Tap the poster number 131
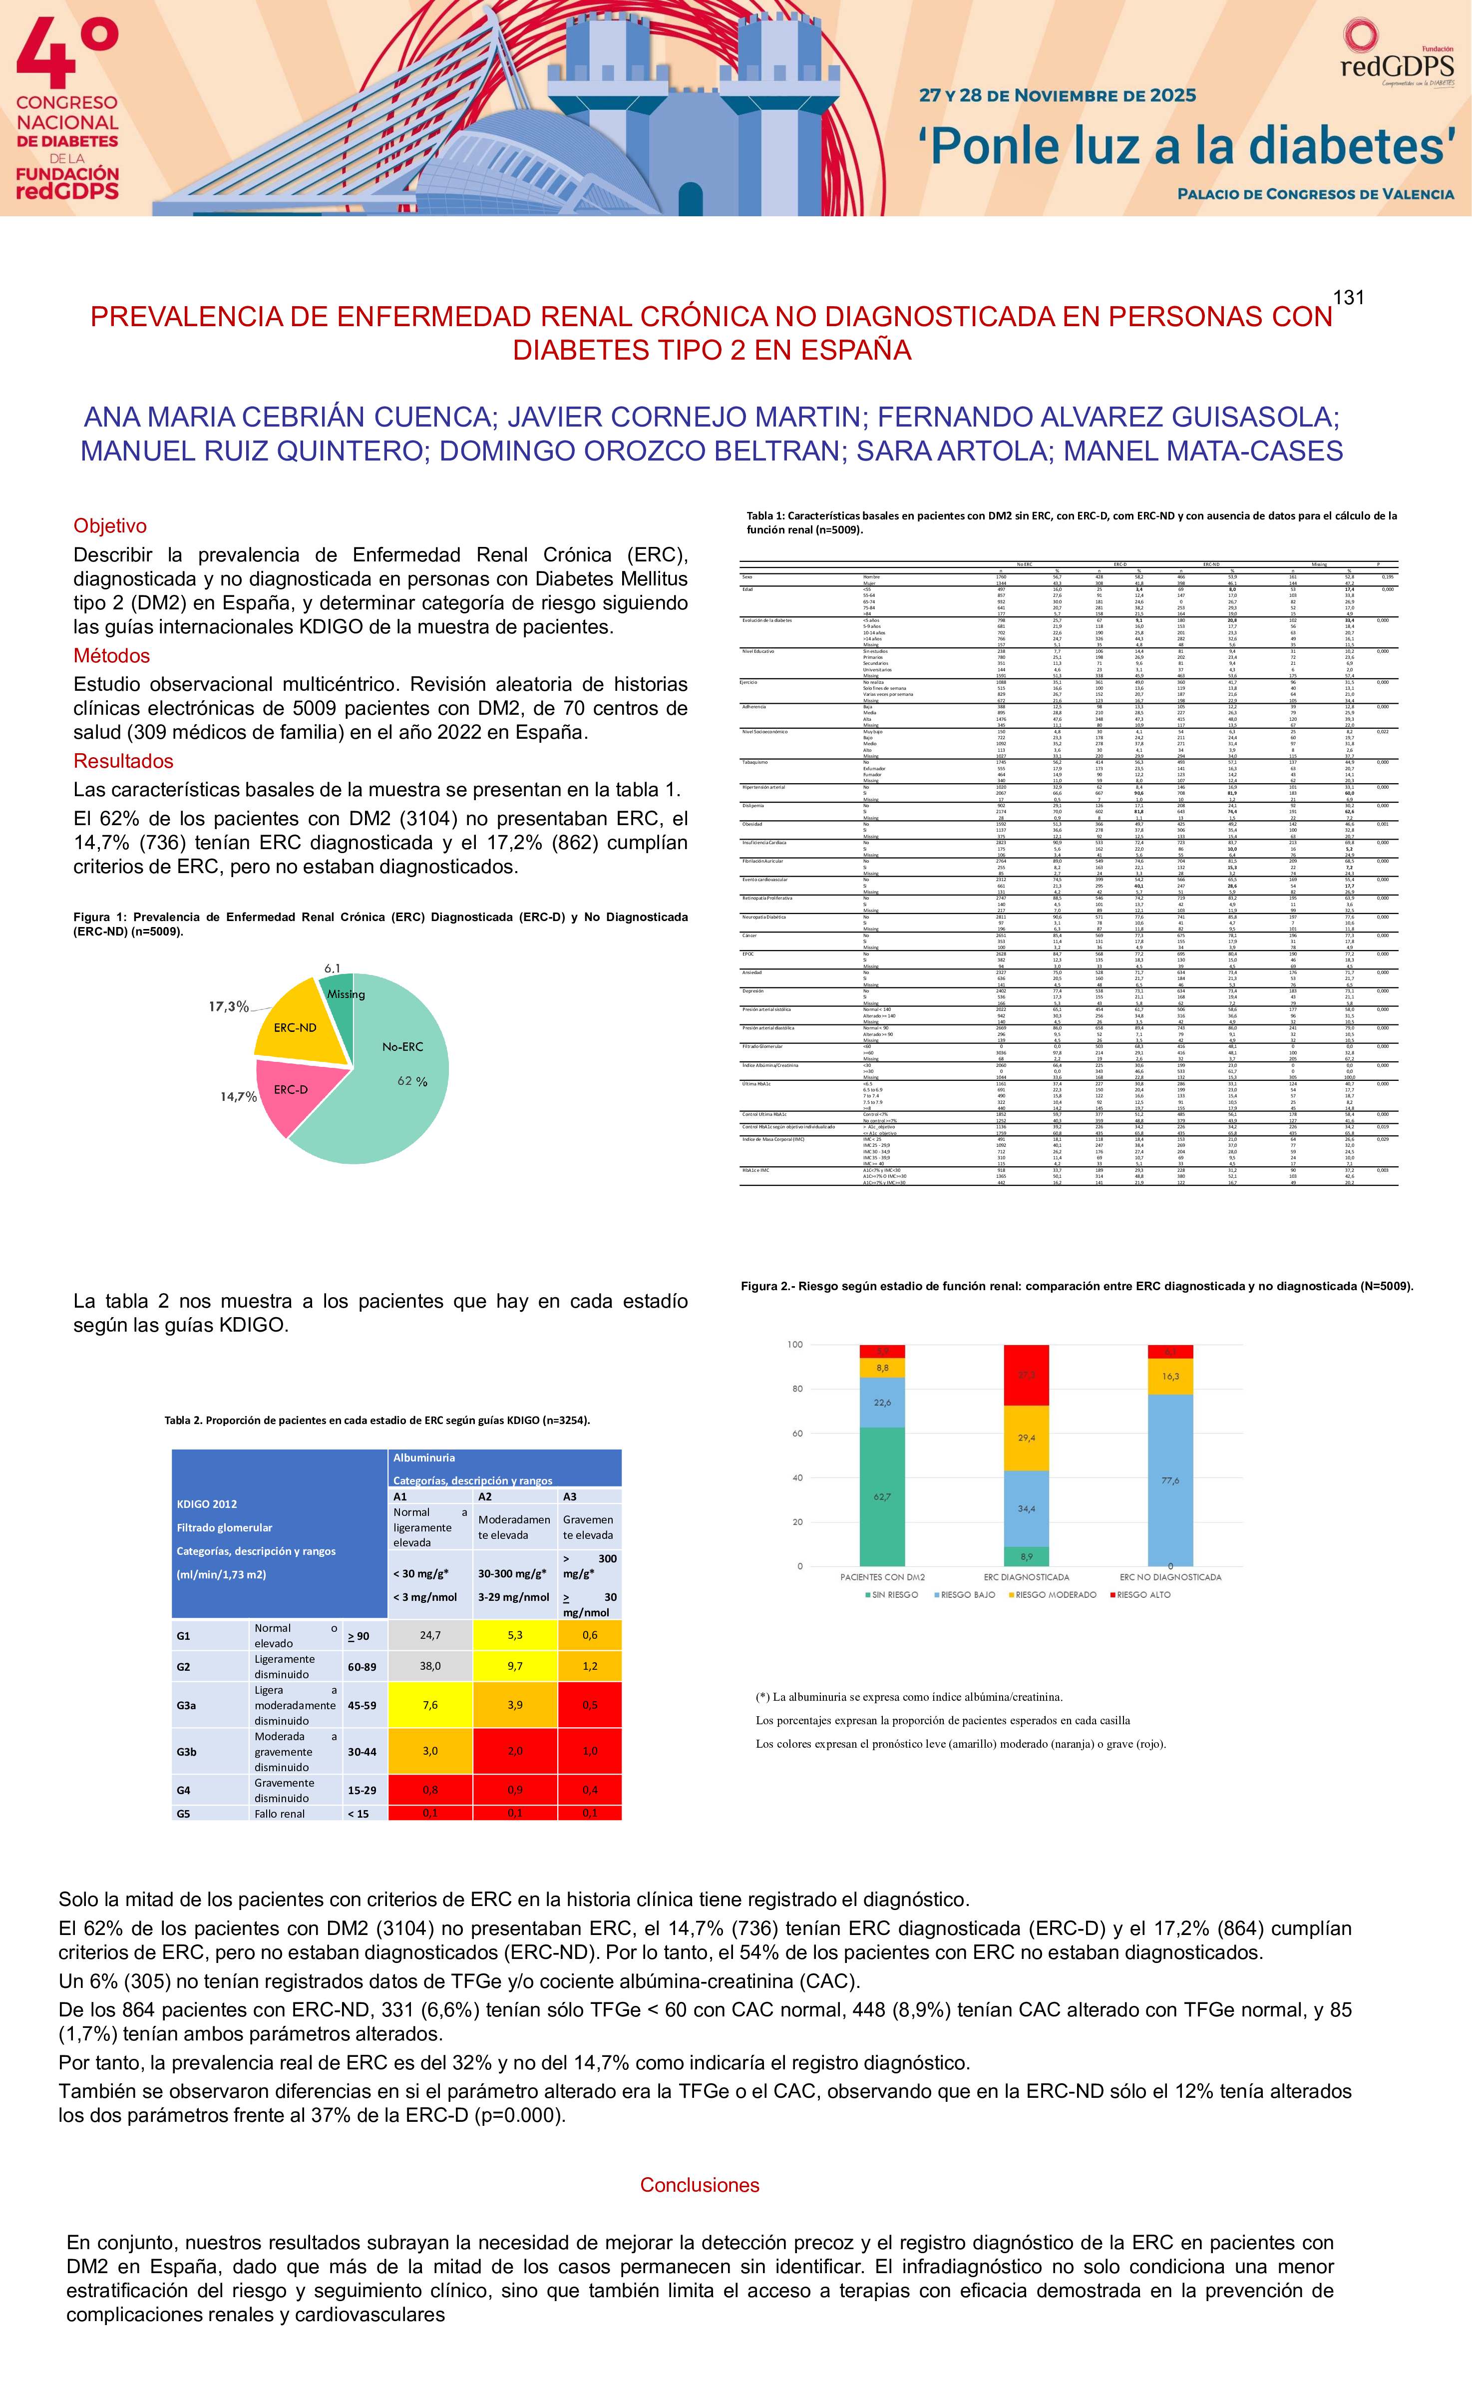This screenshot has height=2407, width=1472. (x=1348, y=298)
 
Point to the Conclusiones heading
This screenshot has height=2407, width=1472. (x=700, y=2185)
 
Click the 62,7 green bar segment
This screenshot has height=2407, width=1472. (x=882, y=1496)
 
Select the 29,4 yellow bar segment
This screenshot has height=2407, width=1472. (x=1027, y=1438)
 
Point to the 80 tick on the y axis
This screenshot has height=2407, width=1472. (x=796, y=1389)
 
